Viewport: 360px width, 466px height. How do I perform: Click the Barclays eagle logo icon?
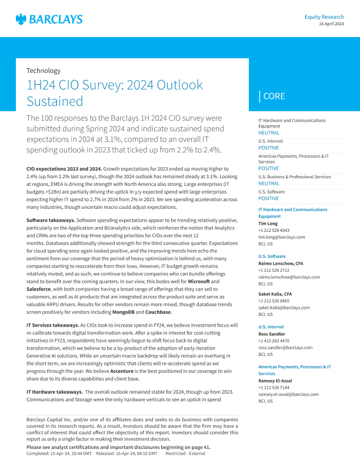21,19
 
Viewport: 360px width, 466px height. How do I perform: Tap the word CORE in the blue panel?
274,96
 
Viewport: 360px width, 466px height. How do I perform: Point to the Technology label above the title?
44,71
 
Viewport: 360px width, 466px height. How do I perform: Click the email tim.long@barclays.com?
282,237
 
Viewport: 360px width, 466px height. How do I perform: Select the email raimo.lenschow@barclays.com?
289,276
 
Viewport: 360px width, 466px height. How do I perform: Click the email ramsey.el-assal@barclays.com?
289,394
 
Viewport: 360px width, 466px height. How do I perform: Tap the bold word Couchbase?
158,312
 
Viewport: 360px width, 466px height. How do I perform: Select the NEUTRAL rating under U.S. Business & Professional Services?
269,184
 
